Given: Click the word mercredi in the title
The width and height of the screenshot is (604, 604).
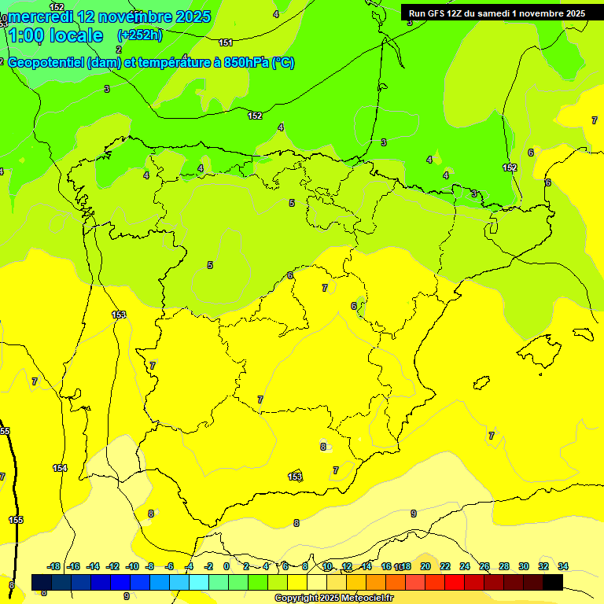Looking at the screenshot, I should pos(40,16).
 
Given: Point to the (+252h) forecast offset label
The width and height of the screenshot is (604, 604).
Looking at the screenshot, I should pos(140,35).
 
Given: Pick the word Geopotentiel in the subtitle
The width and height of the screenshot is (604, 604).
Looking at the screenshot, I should pos(47,63).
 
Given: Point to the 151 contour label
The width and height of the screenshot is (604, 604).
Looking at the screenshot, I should pos(226,42).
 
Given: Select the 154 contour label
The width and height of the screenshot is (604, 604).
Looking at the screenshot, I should pos(60,468).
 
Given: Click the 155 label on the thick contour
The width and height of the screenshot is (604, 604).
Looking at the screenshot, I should pos(16,520).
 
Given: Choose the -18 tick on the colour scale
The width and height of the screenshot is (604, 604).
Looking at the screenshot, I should pos(54,566).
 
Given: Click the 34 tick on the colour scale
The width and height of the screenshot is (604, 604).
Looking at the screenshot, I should pos(563,566).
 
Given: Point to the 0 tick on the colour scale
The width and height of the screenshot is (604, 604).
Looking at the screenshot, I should pos(226,566).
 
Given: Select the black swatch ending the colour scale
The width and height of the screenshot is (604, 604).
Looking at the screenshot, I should pos(553,582).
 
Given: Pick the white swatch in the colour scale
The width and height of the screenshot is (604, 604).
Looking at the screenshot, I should pos(317,582).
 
